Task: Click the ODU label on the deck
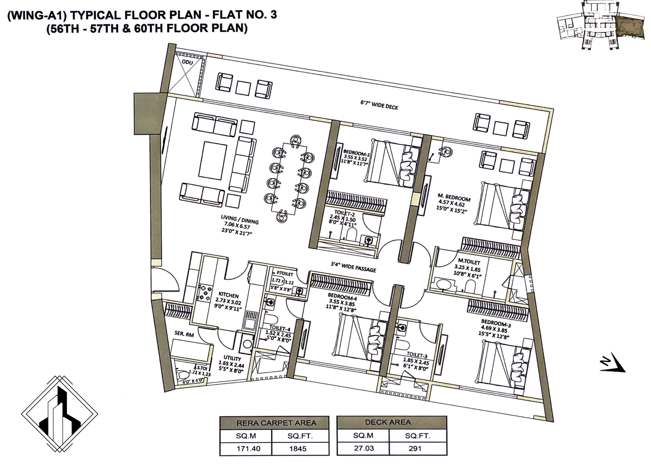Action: tap(187, 62)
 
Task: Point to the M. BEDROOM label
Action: tap(454, 197)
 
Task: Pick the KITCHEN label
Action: tap(229, 295)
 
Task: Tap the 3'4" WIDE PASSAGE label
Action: tap(353, 267)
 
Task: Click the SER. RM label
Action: tap(184, 334)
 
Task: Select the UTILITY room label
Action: tap(232, 358)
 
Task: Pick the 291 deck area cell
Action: tap(415, 448)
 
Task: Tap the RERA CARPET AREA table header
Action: tap(276, 423)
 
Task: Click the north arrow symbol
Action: tap(612, 363)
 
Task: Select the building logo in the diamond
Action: tap(60, 414)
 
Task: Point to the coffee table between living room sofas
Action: tap(212, 161)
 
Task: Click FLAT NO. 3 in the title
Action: tap(244, 14)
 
